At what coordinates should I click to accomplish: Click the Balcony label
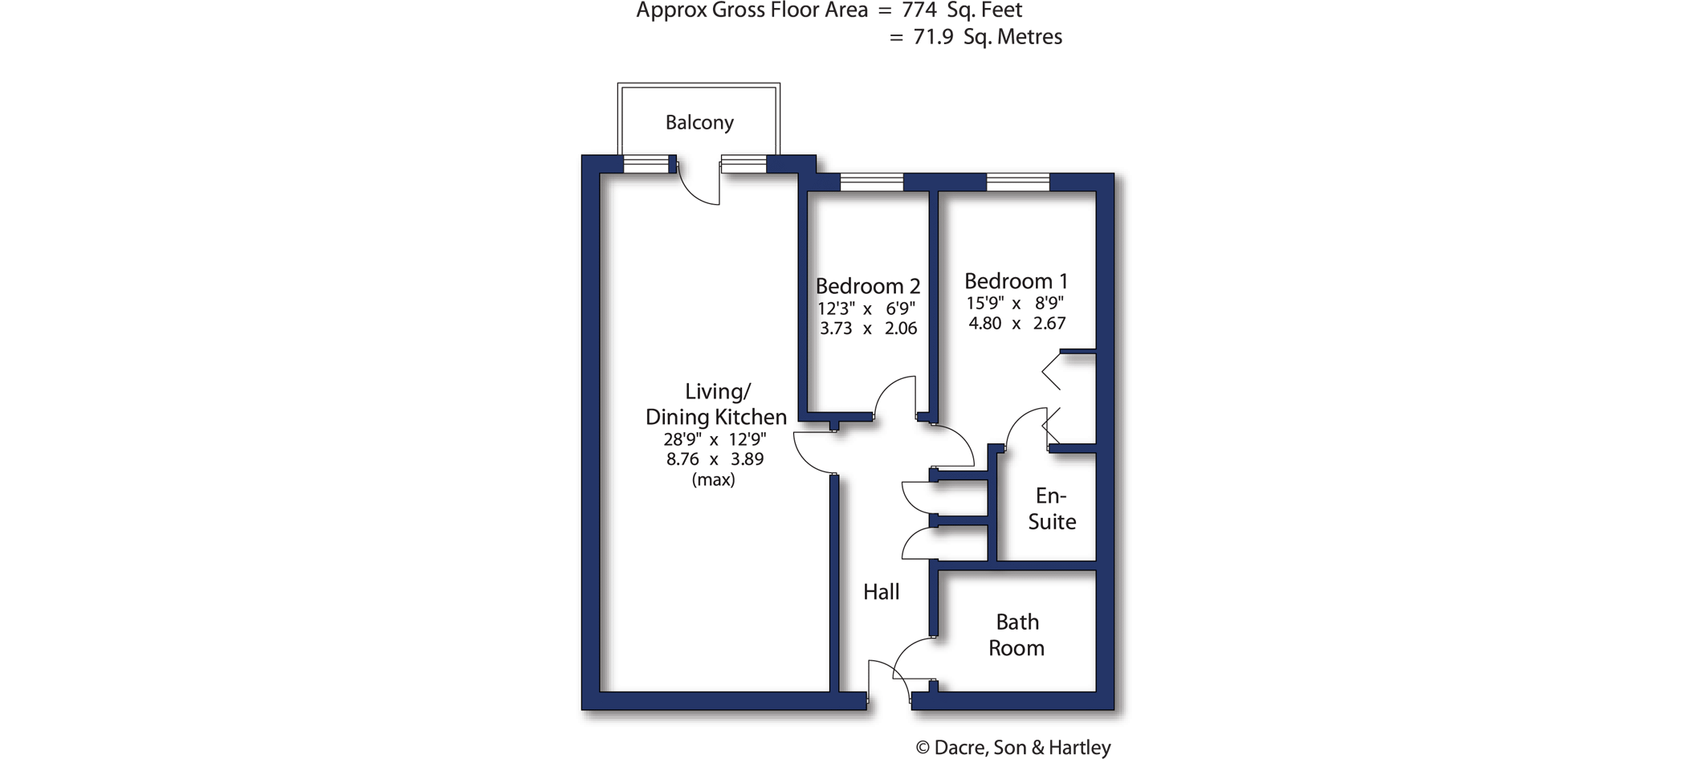pyautogui.click(x=699, y=123)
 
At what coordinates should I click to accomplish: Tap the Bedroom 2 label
pyautogui.click(x=868, y=286)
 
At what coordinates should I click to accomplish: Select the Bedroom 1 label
pyautogui.click(x=1016, y=281)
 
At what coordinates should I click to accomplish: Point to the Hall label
pyautogui.click(x=881, y=592)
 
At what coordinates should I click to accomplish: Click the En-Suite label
pyautogui.click(x=1052, y=508)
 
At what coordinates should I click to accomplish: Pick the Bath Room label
pyautogui.click(x=1016, y=635)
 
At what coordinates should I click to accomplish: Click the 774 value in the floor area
pyautogui.click(x=919, y=10)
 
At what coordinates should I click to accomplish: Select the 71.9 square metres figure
pyautogui.click(x=933, y=37)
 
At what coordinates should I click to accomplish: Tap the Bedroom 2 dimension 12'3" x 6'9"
pyautogui.click(x=867, y=308)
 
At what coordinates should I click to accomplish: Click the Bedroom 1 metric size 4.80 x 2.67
pyautogui.click(x=1017, y=324)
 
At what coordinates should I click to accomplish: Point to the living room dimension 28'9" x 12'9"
pyautogui.click(x=715, y=439)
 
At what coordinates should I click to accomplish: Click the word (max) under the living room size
pyautogui.click(x=714, y=480)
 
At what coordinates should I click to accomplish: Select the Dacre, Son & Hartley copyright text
pyautogui.click(x=1013, y=748)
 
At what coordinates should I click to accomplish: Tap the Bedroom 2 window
pyautogui.click(x=871, y=182)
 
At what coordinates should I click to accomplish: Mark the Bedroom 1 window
pyautogui.click(x=1017, y=182)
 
